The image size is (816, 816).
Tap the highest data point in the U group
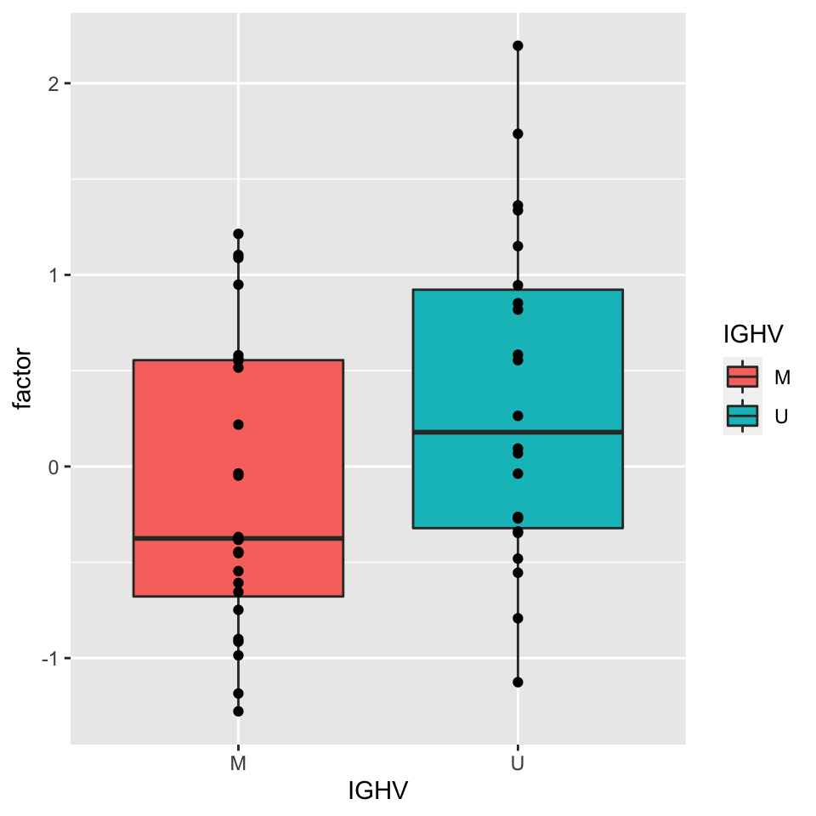pyautogui.click(x=518, y=46)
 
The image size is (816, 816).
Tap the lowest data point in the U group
pyautogui.click(x=518, y=682)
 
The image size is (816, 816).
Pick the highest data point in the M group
pyautogui.click(x=238, y=234)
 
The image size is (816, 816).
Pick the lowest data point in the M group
pyautogui.click(x=238, y=711)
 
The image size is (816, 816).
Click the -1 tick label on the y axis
pyautogui.click(x=49, y=659)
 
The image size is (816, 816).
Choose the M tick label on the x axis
pyautogui.click(x=238, y=764)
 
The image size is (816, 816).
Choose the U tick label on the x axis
pyautogui.click(x=518, y=764)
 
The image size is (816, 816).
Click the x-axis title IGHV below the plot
pyautogui.click(x=378, y=791)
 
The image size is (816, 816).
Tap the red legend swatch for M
pyautogui.click(x=743, y=376)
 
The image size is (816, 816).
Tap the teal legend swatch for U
pyautogui.click(x=743, y=415)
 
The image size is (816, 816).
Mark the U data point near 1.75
pyautogui.click(x=518, y=133)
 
